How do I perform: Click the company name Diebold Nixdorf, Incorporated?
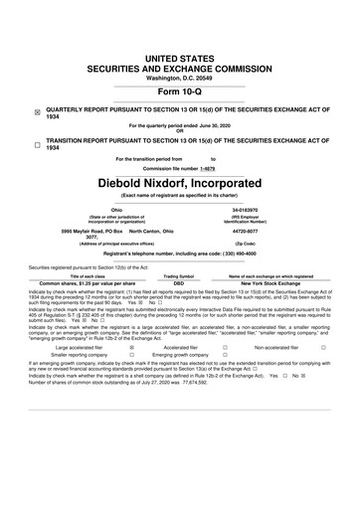179,184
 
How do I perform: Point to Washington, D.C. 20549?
179,49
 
